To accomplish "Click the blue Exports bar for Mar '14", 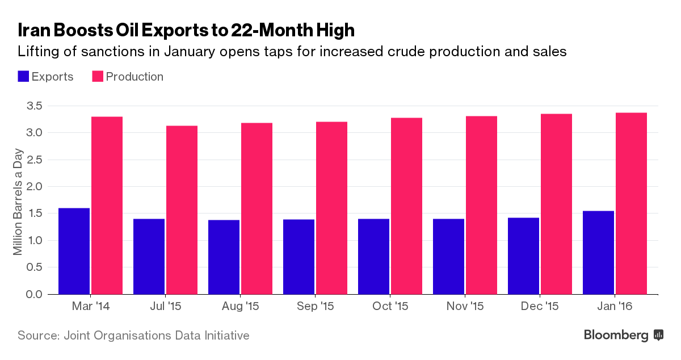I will [x=74, y=251].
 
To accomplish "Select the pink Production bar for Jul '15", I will [x=182, y=210].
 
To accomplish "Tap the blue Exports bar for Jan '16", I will [x=598, y=253].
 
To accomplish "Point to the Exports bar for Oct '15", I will [x=373, y=257].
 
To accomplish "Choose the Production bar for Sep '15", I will [x=331, y=208].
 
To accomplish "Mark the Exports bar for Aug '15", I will [x=224, y=257].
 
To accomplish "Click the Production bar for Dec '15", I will [x=556, y=204].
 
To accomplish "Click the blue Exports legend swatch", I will [x=23, y=77].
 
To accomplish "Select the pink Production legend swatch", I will [x=97, y=77].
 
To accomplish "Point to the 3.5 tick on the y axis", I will [x=33, y=106].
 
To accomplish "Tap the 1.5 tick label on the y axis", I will [x=33, y=214].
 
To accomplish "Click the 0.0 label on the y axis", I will [x=33, y=294].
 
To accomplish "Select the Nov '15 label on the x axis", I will [x=465, y=307].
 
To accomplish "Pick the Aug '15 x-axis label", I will [x=240, y=307].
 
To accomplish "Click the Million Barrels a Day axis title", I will [x=18, y=200].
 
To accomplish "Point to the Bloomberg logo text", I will [x=616, y=336].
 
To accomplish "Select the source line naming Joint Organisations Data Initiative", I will [x=133, y=336].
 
